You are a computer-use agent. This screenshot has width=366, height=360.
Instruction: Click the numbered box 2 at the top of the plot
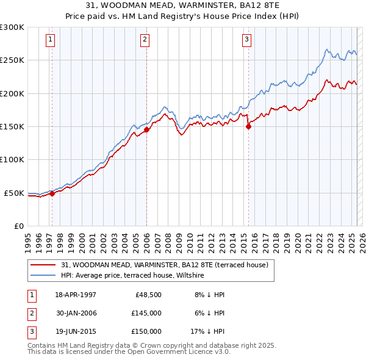145,40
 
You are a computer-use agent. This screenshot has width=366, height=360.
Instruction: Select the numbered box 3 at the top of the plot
246,40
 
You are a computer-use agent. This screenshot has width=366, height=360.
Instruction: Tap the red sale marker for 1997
52,193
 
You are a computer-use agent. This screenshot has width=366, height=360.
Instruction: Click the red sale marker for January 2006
146,129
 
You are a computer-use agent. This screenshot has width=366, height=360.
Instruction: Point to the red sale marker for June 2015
248,127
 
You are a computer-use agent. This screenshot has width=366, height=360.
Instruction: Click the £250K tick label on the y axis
12,60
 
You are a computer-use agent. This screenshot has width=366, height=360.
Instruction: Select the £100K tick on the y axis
12,159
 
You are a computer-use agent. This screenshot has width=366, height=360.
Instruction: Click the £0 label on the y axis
18,226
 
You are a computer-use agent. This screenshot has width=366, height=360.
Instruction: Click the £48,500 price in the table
146,295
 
